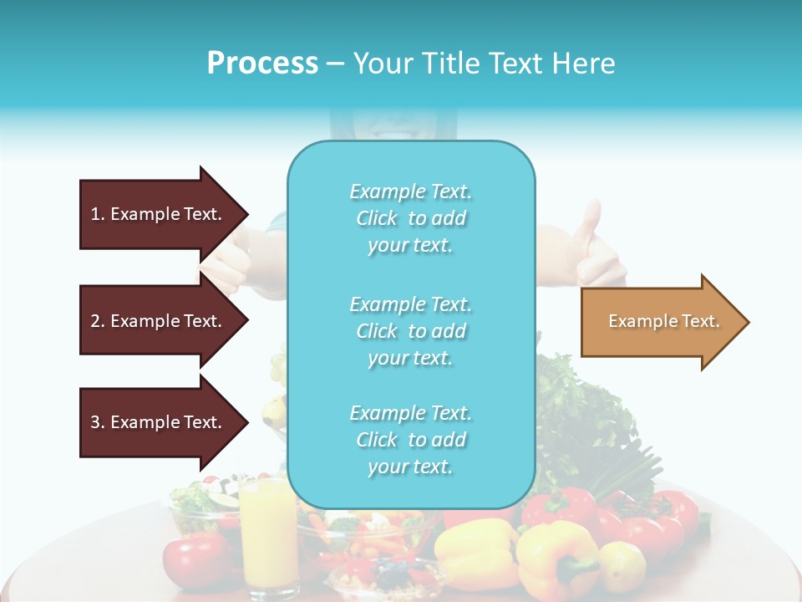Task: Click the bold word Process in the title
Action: [262, 64]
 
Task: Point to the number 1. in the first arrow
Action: [98, 214]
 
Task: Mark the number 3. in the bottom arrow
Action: [98, 422]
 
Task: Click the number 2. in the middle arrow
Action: [98, 321]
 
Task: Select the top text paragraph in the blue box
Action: [410, 218]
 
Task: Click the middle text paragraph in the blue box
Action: [410, 331]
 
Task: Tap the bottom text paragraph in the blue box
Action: [410, 440]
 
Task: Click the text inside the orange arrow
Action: [663, 321]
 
